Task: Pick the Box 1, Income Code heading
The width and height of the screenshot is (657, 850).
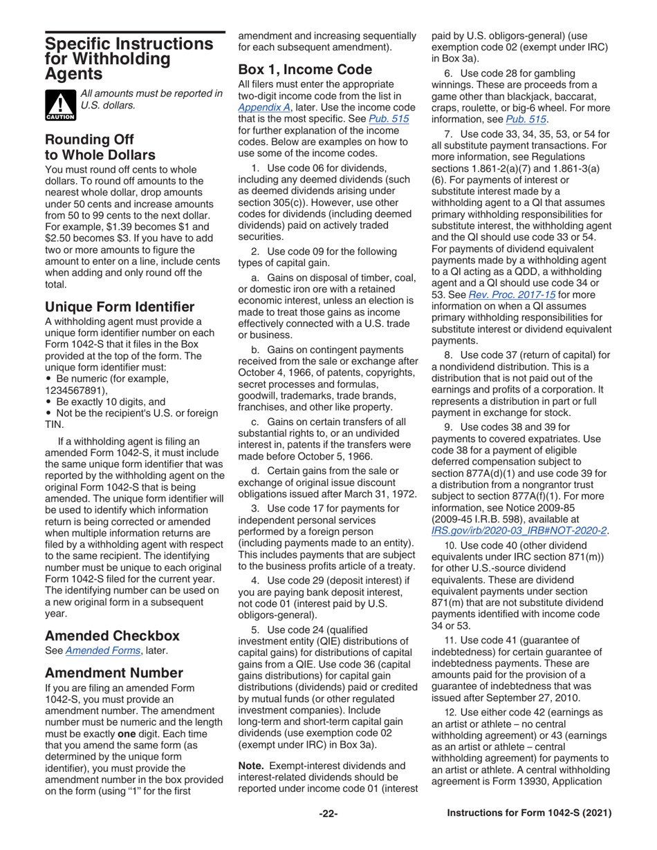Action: (x=305, y=69)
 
